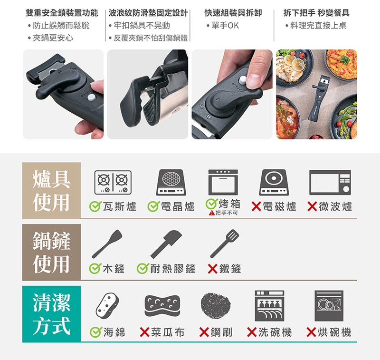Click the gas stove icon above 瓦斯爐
pos(113,183)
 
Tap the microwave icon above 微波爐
pos(330,183)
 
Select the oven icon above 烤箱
pos(223,183)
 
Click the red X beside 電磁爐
pos(256,206)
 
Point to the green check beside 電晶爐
pos(153,206)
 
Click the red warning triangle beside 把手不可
pos(212,213)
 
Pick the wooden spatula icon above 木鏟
pos(107,244)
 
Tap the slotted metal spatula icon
pos(224,243)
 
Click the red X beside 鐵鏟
pos(212,269)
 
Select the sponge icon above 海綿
pos(107,305)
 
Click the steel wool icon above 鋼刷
pos(216,305)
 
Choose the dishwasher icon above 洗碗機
pos(269,306)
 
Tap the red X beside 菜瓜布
pos(145,332)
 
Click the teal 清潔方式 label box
pos(51,314)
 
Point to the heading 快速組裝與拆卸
pos(233,13)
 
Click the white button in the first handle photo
pos(91,97)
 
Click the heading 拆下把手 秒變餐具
pos(316,13)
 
